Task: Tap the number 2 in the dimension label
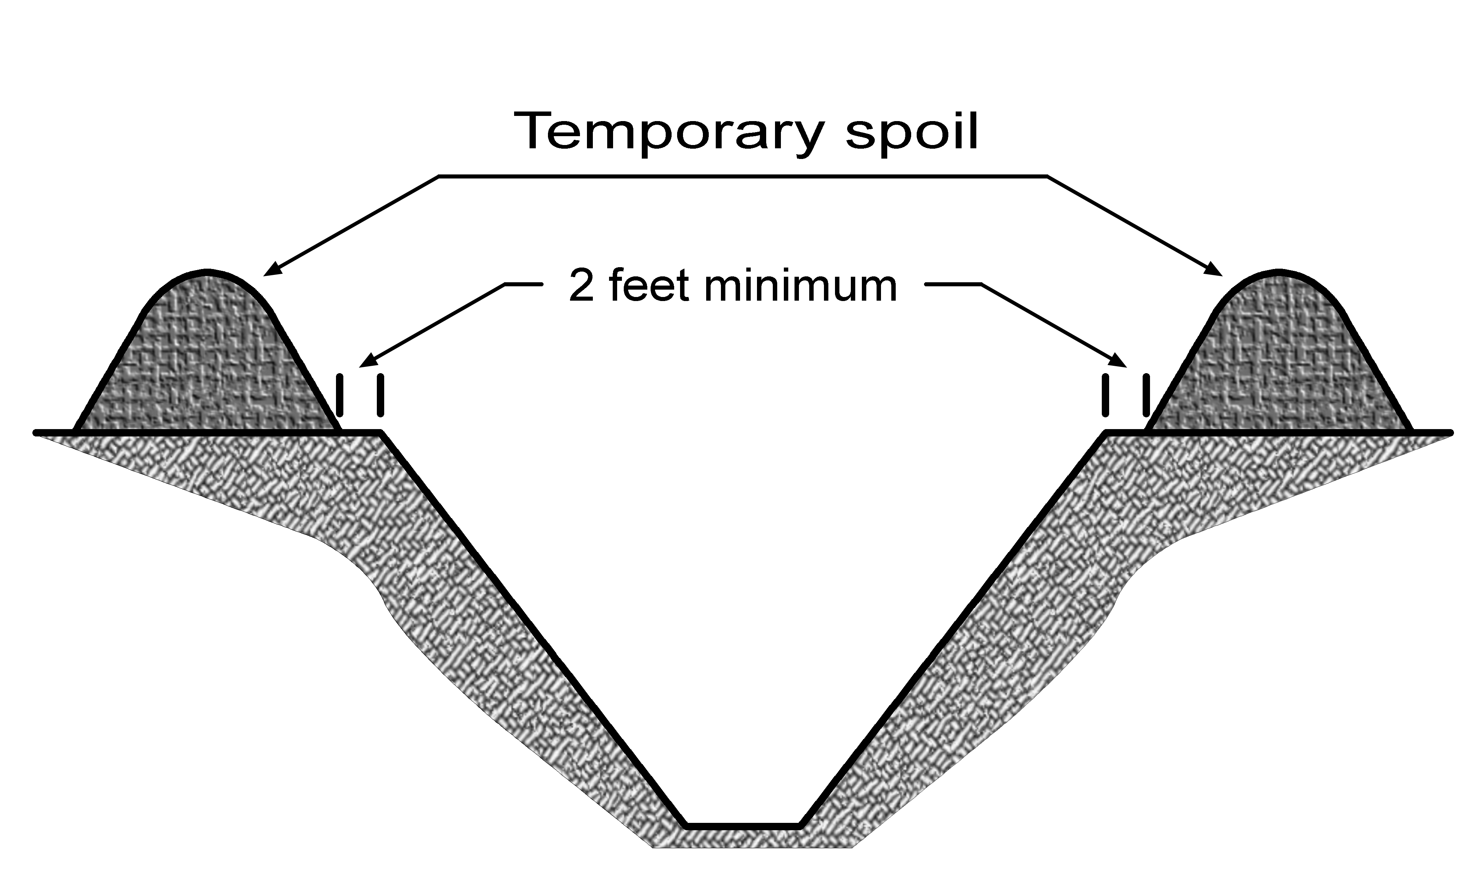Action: [581, 287]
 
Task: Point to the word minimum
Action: [800, 287]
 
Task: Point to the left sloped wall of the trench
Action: [532, 627]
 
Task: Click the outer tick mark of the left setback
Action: [340, 395]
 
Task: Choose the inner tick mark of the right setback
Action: [1105, 395]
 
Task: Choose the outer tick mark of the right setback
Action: [1146, 395]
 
